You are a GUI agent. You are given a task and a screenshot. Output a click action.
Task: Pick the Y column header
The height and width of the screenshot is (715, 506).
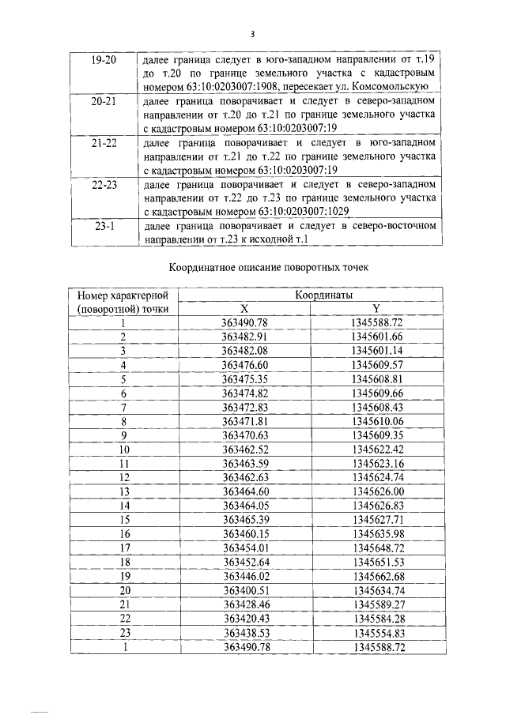coord(377,309)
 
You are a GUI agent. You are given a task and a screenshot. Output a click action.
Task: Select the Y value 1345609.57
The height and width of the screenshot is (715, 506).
coord(377,364)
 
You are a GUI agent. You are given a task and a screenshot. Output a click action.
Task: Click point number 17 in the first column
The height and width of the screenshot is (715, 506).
coord(123,547)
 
